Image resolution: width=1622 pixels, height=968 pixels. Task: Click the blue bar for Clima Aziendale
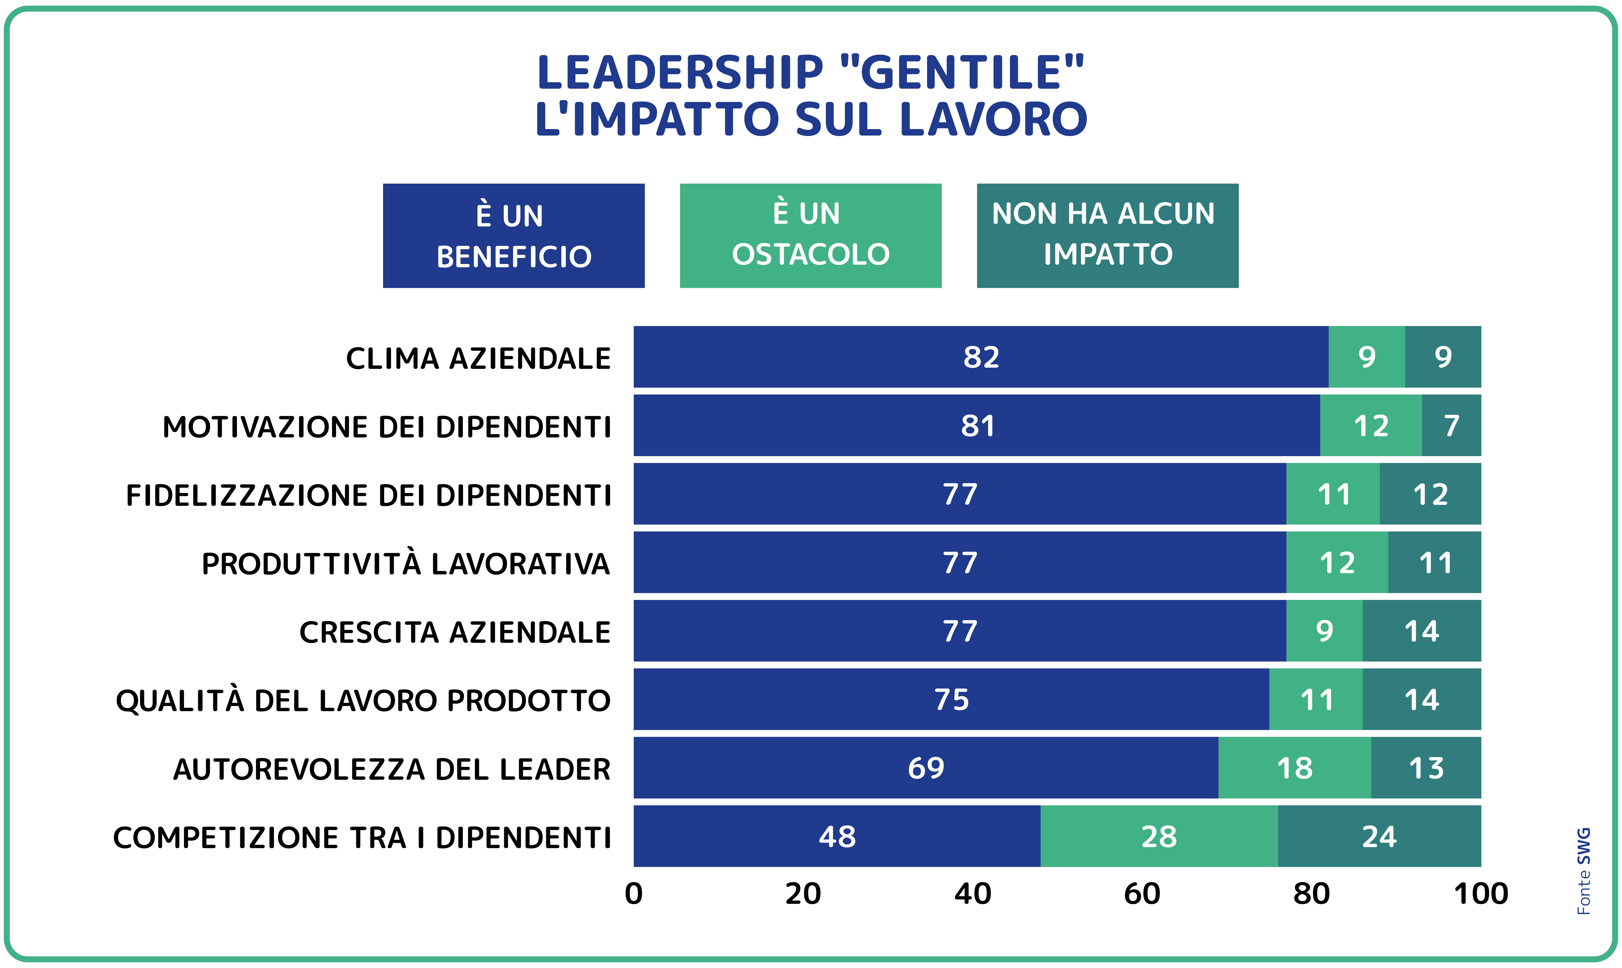(x=981, y=357)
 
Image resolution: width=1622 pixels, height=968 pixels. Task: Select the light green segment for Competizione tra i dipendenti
(x=1159, y=836)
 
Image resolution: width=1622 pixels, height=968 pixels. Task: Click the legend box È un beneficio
(x=514, y=236)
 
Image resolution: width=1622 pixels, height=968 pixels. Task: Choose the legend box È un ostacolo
(x=810, y=236)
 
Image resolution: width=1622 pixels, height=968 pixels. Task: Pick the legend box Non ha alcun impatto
(x=1107, y=236)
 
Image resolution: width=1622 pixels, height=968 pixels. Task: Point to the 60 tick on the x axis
(x=1142, y=894)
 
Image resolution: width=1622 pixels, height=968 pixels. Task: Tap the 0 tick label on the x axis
(x=633, y=894)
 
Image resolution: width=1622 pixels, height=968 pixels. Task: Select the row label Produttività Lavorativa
(x=406, y=563)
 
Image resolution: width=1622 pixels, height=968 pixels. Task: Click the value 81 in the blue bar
(x=977, y=426)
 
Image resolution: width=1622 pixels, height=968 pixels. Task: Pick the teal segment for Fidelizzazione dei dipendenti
(x=1430, y=494)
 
